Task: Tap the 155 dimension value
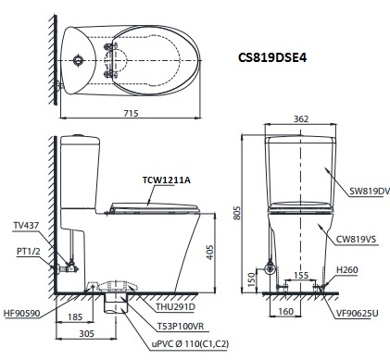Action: point(301,276)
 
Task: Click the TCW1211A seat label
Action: point(166,180)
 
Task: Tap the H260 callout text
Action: point(347,269)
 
